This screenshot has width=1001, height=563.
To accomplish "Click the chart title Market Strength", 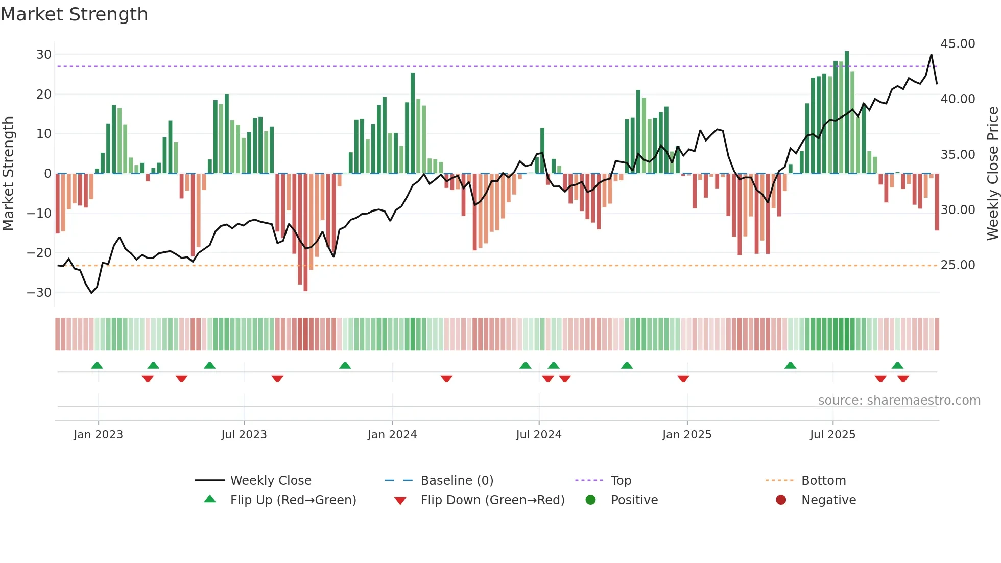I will pos(74,14).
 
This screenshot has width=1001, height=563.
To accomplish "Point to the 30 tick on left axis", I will pos(44,55).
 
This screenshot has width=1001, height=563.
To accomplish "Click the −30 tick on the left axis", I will pos(39,293).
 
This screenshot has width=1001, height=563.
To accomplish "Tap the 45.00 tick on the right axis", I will pos(958,44).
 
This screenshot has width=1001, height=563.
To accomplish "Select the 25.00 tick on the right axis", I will pos(958,265).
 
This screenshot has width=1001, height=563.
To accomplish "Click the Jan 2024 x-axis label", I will pos(392,435).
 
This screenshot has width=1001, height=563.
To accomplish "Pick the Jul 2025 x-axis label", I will pos(832,435).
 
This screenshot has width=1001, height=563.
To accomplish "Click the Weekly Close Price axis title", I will pos(992,174).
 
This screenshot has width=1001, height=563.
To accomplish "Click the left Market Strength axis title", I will pos(9,174).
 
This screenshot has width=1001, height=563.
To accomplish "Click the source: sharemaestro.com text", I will pos(899,401).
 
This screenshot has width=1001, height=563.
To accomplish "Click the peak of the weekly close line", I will pos(932,55).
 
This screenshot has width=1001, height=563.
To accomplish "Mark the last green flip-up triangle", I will pos(897,366).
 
